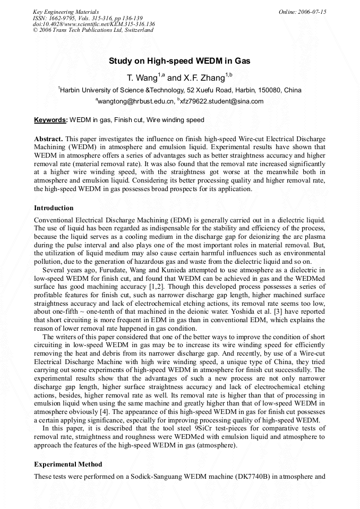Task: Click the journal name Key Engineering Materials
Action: click(x=65, y=12)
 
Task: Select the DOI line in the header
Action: click(x=93, y=24)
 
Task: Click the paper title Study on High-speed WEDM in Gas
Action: click(x=179, y=61)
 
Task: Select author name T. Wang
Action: click(x=142, y=78)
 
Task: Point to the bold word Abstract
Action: click(x=48, y=139)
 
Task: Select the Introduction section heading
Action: click(x=54, y=208)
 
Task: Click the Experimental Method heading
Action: click(x=68, y=464)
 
